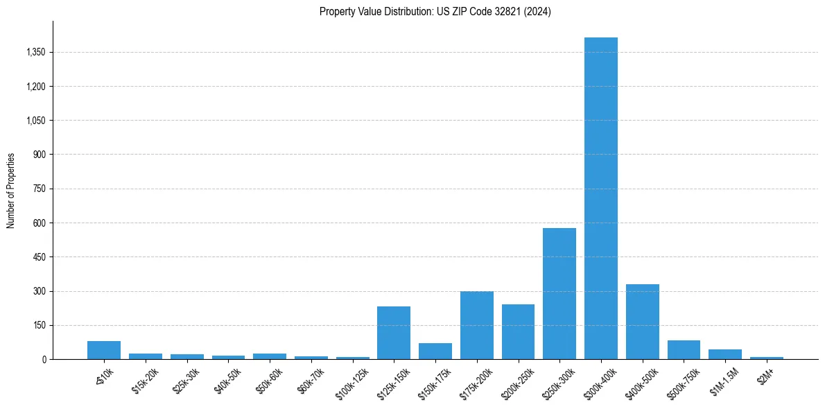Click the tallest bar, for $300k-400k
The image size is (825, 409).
600,198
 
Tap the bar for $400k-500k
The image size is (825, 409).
642,322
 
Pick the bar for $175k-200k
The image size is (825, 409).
476,325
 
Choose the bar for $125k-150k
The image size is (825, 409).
394,333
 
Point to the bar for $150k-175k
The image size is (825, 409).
435,351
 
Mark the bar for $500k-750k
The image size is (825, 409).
684,349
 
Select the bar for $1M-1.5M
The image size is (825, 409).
725,354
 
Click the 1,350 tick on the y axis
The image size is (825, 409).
35,52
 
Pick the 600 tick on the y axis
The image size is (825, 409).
39,223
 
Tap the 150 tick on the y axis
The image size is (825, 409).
39,325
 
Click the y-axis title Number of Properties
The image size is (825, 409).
11,190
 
